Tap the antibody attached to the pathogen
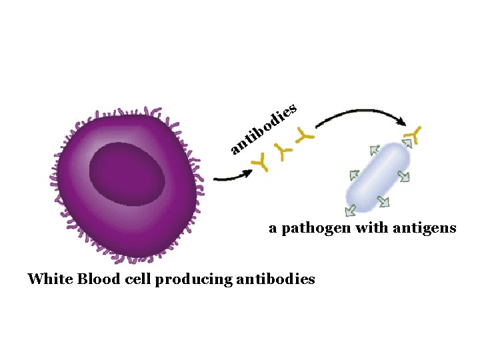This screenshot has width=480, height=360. [414, 134]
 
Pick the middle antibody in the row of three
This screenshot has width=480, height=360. [285, 153]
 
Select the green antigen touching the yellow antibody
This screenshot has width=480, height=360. [407, 143]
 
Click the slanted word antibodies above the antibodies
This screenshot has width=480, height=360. [263, 127]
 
